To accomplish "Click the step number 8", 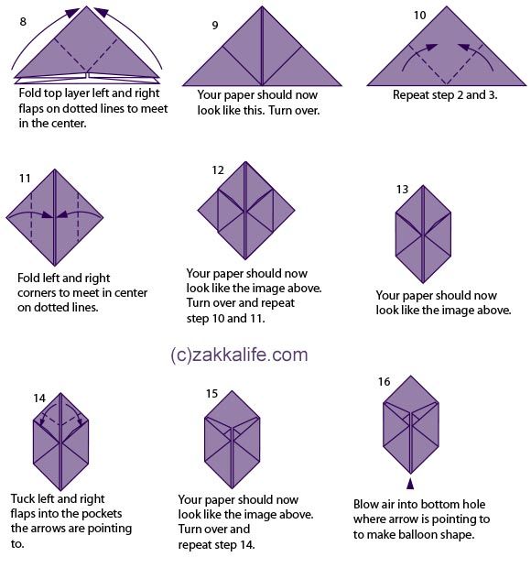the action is click(23, 22).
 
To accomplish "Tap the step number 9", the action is click(215, 26).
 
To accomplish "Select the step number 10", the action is click(420, 16).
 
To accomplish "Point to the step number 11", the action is click(25, 179).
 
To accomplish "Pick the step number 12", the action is click(218, 170).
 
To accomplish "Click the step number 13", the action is click(402, 189).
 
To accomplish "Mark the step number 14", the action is click(39, 399).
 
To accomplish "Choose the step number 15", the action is click(211, 393).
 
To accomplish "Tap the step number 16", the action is click(384, 381).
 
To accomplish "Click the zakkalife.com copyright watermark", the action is click(239, 355).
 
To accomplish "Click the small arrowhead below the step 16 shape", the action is click(410, 484).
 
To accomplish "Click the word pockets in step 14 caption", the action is click(103, 514).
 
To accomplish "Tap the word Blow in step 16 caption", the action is click(365, 504).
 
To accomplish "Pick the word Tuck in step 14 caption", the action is click(23, 498).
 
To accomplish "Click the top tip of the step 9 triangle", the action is click(262, 6).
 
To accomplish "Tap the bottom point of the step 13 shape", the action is click(423, 282).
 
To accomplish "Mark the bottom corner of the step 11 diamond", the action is click(55, 266).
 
